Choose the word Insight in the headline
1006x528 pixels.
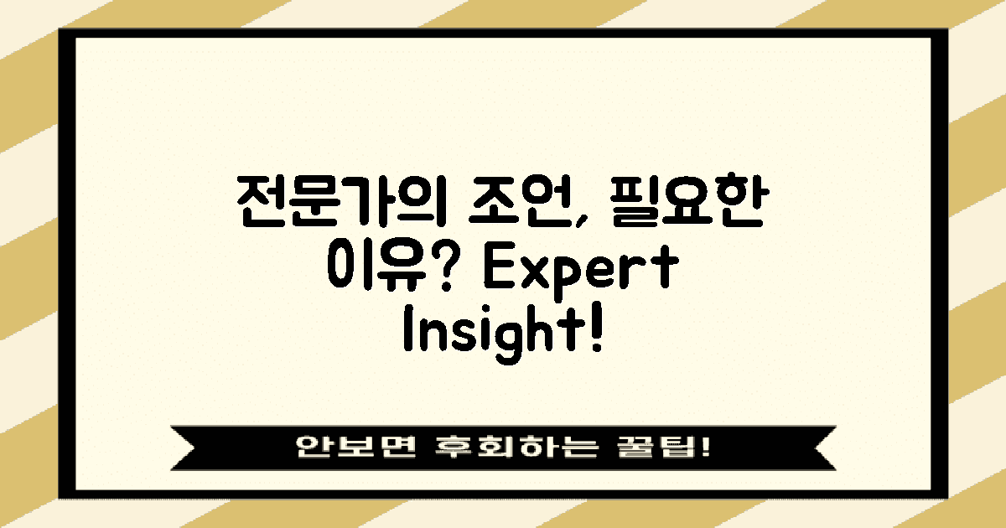pos(492,334)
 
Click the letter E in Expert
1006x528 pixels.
pos(497,270)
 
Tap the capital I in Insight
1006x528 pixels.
pos(407,334)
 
